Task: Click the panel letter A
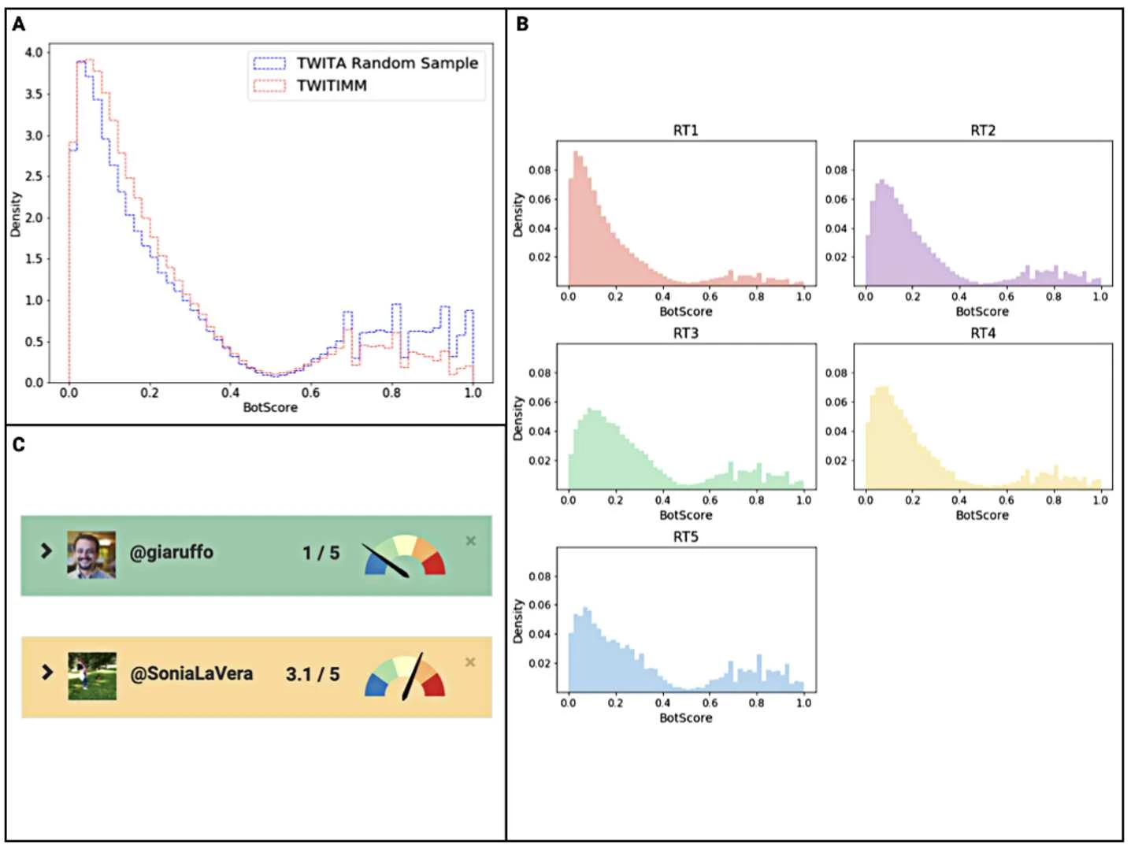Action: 19,24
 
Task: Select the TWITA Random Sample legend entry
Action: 387,63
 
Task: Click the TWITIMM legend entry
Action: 332,85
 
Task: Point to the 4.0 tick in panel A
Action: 34,53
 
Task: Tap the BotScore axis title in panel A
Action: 270,407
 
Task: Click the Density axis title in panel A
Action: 16,214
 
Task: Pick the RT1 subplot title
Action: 685,130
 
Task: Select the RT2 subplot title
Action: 982,130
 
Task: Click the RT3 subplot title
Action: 685,333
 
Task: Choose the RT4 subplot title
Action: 982,333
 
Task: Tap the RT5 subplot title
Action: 685,536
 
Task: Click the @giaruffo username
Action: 171,552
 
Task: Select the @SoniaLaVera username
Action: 191,673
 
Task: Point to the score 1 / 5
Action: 321,553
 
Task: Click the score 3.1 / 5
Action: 313,674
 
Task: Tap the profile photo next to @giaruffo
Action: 91,554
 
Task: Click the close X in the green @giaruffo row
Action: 470,540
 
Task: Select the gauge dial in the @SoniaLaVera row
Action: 405,676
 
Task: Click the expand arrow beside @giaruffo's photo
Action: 46,550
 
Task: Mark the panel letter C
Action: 19,445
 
